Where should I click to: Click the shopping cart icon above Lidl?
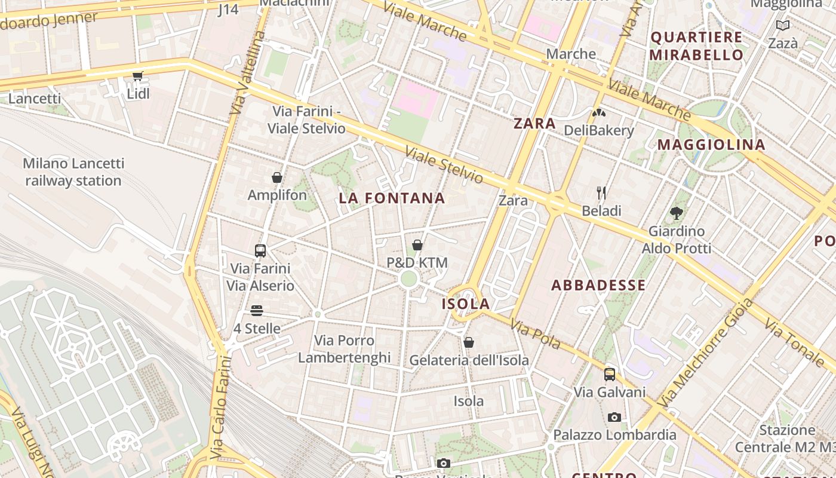pyautogui.click(x=138, y=76)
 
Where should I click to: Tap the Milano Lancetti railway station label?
pyautogui.click(x=73, y=172)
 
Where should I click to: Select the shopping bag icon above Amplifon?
pyautogui.click(x=277, y=177)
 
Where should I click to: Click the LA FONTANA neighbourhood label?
pyautogui.click(x=392, y=198)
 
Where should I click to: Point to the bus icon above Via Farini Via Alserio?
pyautogui.click(x=260, y=250)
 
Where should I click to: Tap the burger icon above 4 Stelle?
pyautogui.click(x=257, y=311)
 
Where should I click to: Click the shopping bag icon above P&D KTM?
pyautogui.click(x=417, y=245)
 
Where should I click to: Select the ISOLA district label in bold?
pyautogui.click(x=466, y=304)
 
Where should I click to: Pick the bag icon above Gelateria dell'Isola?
pyautogui.click(x=469, y=342)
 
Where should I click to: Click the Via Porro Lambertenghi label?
pyautogui.click(x=345, y=349)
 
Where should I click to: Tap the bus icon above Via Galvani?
pyautogui.click(x=610, y=375)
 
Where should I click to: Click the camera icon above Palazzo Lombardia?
pyautogui.click(x=614, y=417)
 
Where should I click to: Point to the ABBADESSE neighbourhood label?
pyautogui.click(x=598, y=285)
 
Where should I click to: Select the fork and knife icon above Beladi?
pyautogui.click(x=601, y=192)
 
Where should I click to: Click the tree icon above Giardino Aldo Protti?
pyautogui.click(x=677, y=213)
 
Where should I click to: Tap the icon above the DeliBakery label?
pyautogui.click(x=598, y=112)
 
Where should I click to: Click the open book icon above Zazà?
pyautogui.click(x=782, y=25)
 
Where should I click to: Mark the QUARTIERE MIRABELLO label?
pyautogui.click(x=696, y=46)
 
